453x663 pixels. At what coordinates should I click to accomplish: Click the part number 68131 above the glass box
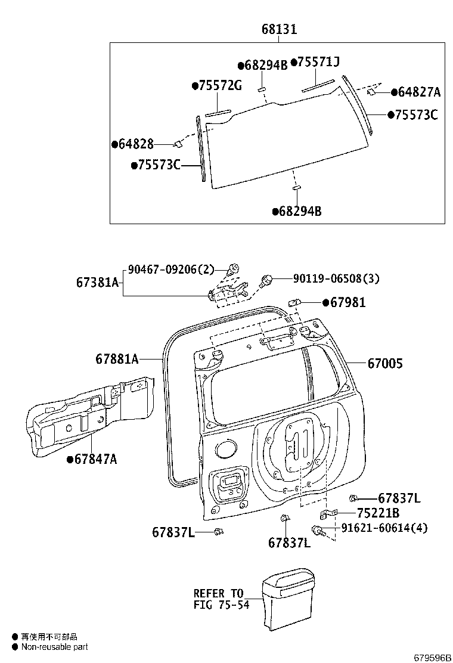pyautogui.click(x=278, y=29)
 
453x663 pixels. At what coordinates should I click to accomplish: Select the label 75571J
pyautogui.click(x=318, y=62)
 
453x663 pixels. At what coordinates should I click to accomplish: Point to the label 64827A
pyautogui.click(x=419, y=92)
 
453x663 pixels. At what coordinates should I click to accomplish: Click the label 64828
pyautogui.click(x=136, y=144)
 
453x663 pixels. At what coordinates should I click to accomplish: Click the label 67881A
pyautogui.click(x=117, y=359)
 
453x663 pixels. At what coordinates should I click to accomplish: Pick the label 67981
pyautogui.click(x=348, y=303)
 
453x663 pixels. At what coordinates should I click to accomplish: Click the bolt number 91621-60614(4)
pyautogui.click(x=384, y=528)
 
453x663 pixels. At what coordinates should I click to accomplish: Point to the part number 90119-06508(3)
pyautogui.click(x=336, y=278)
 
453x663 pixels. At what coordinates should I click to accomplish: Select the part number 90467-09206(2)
pyautogui.click(x=170, y=269)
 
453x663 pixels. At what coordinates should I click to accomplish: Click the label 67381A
pyautogui.click(x=97, y=282)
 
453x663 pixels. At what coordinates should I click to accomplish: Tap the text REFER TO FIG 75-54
pyautogui.click(x=219, y=599)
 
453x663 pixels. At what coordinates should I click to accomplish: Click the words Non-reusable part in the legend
pyautogui.click(x=54, y=646)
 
